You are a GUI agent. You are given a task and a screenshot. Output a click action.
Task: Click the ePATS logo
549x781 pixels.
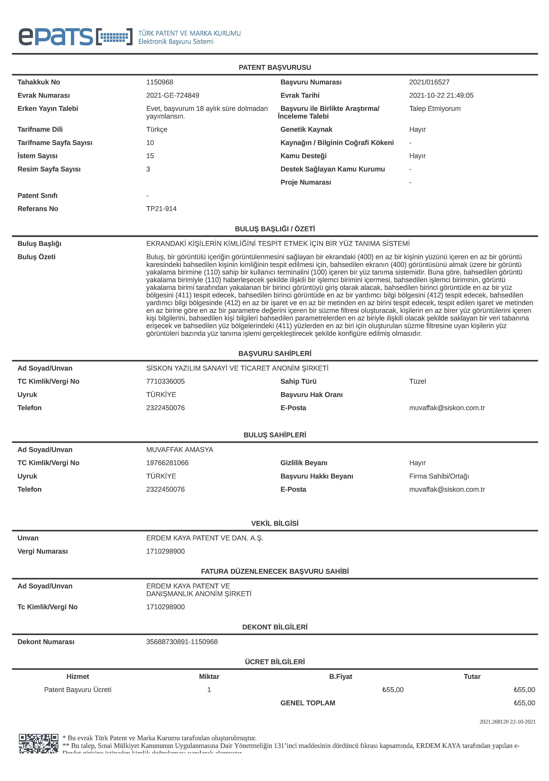75,37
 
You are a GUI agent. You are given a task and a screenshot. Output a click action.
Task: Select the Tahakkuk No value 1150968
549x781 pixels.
160,82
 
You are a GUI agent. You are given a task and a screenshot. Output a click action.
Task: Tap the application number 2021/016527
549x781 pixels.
429,82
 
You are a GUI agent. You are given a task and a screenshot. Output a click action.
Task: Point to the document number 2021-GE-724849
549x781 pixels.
173,95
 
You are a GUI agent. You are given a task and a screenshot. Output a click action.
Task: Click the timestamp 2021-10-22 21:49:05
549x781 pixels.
441,95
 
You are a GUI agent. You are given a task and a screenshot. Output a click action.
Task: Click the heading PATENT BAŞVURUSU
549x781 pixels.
275,67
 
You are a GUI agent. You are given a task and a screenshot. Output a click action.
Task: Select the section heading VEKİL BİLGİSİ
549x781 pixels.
275,523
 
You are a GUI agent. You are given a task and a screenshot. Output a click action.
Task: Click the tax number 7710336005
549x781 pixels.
165,381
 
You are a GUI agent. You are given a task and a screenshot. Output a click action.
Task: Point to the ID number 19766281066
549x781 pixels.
167,463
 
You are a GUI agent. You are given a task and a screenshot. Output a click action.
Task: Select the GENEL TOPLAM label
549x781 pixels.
308,703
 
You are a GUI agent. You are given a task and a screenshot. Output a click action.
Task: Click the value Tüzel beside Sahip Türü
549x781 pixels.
417,381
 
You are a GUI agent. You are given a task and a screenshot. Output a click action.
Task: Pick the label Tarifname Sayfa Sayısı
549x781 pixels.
55,142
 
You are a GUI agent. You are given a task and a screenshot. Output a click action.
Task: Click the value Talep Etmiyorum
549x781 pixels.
435,108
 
